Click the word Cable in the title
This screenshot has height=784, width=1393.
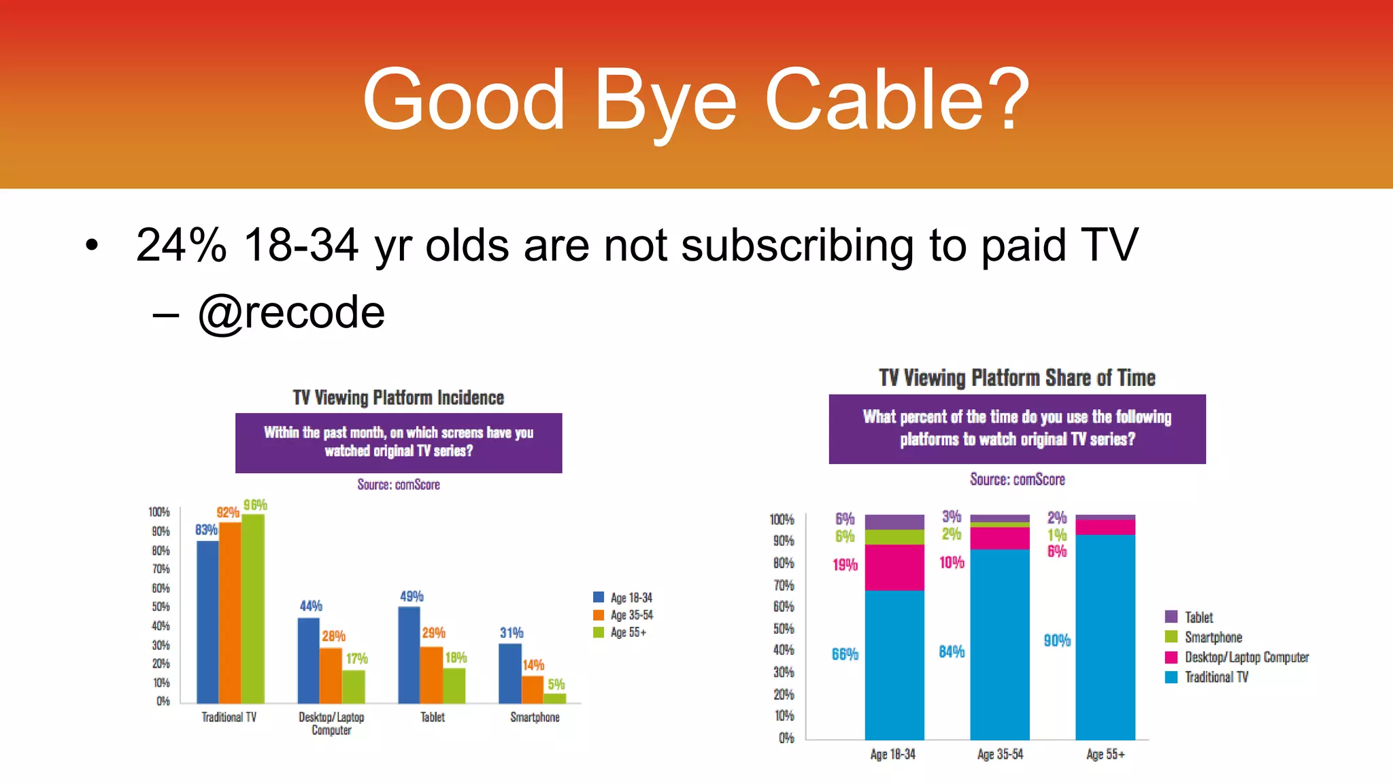click(873, 100)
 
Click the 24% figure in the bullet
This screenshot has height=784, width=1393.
click(181, 245)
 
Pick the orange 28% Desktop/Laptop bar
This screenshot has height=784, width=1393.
click(331, 675)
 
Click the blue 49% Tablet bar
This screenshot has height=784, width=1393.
click(409, 655)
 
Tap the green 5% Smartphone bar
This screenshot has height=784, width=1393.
click(555, 698)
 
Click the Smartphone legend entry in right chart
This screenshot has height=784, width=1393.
click(1213, 638)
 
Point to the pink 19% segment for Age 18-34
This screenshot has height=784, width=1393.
click(894, 568)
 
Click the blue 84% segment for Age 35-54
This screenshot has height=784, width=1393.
click(999, 644)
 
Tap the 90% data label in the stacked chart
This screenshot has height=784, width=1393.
click(1057, 640)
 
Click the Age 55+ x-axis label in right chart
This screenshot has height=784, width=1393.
click(1105, 754)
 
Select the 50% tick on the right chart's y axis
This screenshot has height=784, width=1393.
click(784, 629)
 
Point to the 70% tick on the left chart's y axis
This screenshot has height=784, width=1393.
click(161, 569)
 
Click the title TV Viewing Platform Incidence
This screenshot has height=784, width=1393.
click(399, 398)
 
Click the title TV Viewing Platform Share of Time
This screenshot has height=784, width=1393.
click(1017, 378)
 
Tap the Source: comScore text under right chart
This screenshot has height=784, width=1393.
click(1017, 480)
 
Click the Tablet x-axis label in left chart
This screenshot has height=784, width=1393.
click(433, 717)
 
